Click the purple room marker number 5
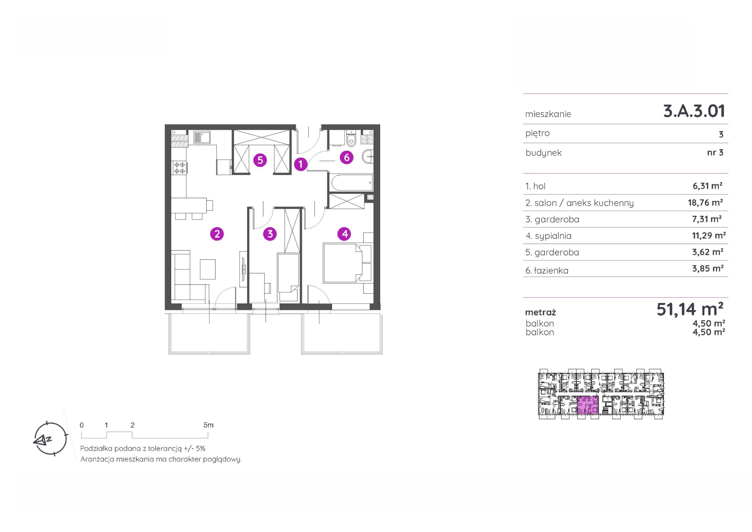pyautogui.click(x=260, y=160)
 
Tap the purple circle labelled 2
pyautogui.click(x=217, y=234)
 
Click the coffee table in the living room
pyautogui.click(x=208, y=269)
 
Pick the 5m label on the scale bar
pyautogui.click(x=208, y=425)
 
